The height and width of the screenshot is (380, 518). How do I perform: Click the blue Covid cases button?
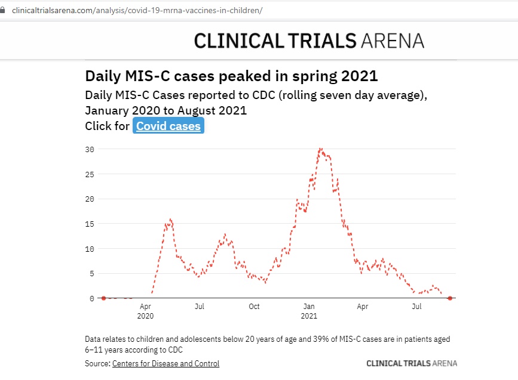pyautogui.click(x=168, y=126)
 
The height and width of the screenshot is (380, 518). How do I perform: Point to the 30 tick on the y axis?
pyautogui.click(x=90, y=149)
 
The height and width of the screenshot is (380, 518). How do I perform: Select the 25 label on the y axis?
pyautogui.click(x=90, y=174)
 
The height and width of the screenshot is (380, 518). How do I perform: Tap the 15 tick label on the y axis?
pyautogui.click(x=90, y=224)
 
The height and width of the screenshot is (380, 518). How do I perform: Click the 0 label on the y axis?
pyautogui.click(x=91, y=298)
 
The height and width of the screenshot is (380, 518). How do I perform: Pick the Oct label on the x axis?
pyautogui.click(x=254, y=307)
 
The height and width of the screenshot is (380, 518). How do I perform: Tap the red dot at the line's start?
pyautogui.click(x=103, y=298)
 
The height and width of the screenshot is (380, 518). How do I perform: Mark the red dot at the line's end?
pyautogui.click(x=450, y=298)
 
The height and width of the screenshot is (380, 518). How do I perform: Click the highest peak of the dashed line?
pyautogui.click(x=321, y=149)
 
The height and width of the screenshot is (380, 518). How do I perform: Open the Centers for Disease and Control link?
pyautogui.click(x=165, y=363)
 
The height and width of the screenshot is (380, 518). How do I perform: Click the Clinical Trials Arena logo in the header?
pyautogui.click(x=309, y=40)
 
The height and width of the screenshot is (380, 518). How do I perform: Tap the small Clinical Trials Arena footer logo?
pyautogui.click(x=411, y=363)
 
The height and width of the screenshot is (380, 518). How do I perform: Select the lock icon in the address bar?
pyautogui.click(x=4, y=11)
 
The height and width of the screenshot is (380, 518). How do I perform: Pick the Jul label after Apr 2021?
pyautogui.click(x=417, y=307)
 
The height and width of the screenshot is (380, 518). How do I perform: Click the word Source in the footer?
pyautogui.click(x=97, y=363)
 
